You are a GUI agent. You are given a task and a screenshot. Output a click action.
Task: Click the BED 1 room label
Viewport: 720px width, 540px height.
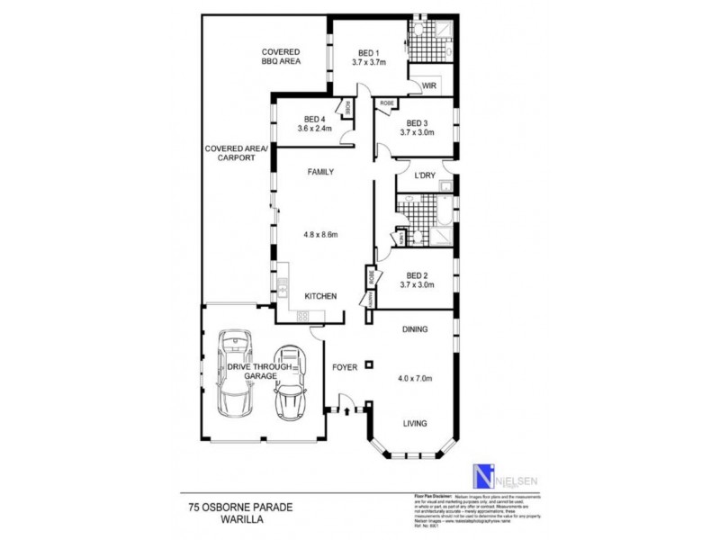click(x=368, y=51)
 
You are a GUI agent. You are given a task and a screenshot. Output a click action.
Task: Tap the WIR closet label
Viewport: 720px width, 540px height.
click(x=428, y=85)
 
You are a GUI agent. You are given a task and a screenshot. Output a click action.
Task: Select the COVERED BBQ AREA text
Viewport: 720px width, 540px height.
click(x=280, y=57)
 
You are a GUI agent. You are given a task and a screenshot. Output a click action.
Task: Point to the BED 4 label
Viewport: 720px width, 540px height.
click(x=314, y=119)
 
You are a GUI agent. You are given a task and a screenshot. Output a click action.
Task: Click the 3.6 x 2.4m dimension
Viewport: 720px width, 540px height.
click(x=314, y=129)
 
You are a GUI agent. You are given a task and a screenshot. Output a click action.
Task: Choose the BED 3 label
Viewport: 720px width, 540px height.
click(x=417, y=123)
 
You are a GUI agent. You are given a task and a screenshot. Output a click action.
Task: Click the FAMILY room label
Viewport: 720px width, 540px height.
click(x=321, y=171)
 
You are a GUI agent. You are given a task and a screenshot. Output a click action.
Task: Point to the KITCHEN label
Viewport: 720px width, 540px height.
click(x=320, y=296)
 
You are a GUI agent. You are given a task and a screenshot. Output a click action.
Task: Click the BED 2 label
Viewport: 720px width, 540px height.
click(x=417, y=275)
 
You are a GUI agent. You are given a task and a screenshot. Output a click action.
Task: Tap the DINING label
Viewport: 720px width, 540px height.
click(x=415, y=329)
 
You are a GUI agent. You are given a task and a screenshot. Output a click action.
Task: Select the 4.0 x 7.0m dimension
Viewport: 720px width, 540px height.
click(x=416, y=378)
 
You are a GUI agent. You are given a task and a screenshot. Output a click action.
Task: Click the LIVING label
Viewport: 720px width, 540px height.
click(x=415, y=423)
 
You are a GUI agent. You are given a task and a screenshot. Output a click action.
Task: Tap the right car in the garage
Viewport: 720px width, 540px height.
click(x=290, y=382)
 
